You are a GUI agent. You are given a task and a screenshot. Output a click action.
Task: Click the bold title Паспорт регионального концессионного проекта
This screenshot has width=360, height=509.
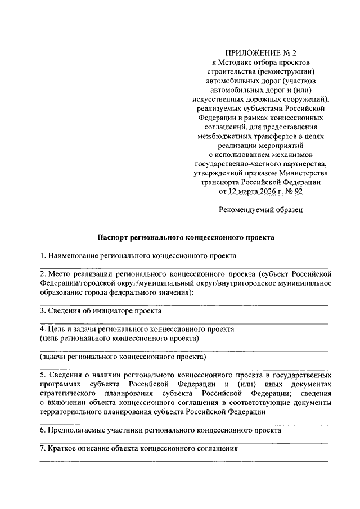pos(185,238)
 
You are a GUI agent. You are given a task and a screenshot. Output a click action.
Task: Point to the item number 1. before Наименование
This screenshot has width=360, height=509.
pos(43,256)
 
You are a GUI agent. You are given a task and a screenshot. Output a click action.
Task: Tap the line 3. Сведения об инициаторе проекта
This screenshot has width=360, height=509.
pos(100,310)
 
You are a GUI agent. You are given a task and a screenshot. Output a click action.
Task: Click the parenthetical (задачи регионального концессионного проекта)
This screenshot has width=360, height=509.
pos(123,357)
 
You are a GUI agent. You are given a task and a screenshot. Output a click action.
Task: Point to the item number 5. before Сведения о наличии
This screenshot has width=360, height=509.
pos(43,374)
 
